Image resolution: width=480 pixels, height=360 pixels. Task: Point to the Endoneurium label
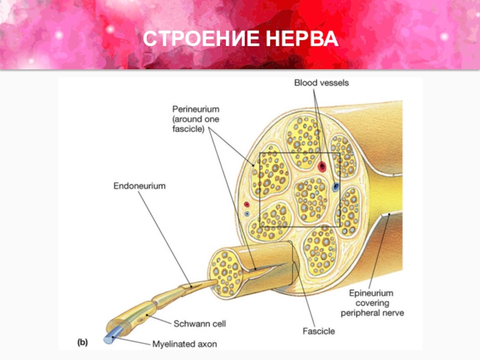[x=140, y=187]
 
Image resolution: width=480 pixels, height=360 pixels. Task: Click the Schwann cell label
[x=199, y=323]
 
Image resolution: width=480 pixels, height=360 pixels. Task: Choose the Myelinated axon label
[x=184, y=344]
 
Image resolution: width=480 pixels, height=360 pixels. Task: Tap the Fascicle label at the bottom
[x=319, y=330]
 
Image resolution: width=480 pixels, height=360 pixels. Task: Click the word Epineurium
[x=370, y=293]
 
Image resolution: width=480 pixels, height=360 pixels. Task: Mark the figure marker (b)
[x=81, y=343]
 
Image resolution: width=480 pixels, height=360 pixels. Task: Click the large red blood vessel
[x=322, y=166]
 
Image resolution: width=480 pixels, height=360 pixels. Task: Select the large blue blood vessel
[x=335, y=187]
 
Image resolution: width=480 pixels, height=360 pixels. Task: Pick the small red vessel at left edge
[x=246, y=205]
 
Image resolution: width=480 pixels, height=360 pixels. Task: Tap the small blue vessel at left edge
[x=247, y=213]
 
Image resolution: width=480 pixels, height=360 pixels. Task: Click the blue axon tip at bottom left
[x=109, y=339]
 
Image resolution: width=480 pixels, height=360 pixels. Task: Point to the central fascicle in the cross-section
[x=310, y=197]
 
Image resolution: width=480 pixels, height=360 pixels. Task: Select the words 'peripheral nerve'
[x=373, y=313]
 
